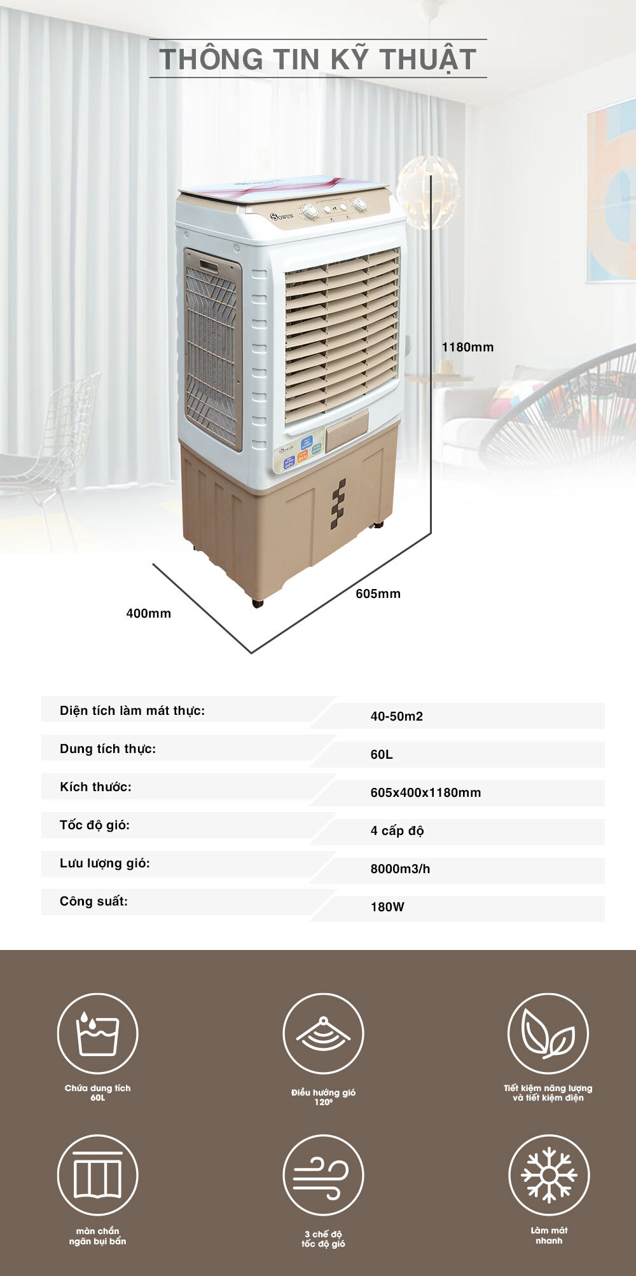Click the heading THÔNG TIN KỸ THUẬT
[318, 58]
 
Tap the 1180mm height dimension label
[467, 347]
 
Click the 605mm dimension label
[378, 594]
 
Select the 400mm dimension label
[148, 613]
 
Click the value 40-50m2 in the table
[397, 716]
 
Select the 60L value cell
[382, 754]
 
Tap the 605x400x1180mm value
[425, 792]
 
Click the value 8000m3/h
[400, 869]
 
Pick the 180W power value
[387, 907]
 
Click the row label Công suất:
[93, 902]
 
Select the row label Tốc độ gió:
[95, 825]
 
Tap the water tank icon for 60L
[97, 1034]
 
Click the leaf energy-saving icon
[548, 1034]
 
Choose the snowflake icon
[548, 1175]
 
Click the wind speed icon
[323, 1175]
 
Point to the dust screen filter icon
[97, 1175]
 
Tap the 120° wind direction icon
[323, 1034]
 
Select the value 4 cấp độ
[397, 831]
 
